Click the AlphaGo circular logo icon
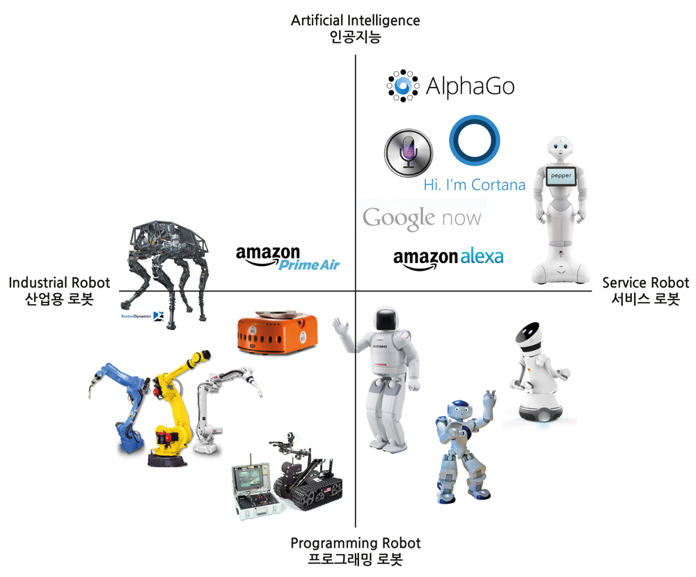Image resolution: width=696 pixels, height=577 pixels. pyautogui.click(x=403, y=86)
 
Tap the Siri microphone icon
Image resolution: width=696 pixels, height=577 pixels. pyautogui.click(x=409, y=152)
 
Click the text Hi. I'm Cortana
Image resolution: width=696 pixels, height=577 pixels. pyautogui.click(x=474, y=185)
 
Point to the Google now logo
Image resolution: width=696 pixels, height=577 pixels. pyautogui.click(x=422, y=218)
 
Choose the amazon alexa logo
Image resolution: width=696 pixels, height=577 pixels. pyautogui.click(x=448, y=257)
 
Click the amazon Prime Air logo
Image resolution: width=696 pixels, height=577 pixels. pyautogui.click(x=288, y=258)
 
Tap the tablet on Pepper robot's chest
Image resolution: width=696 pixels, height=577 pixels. pyautogui.click(x=561, y=175)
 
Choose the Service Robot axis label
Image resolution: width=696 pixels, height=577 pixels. pyautogui.click(x=645, y=291)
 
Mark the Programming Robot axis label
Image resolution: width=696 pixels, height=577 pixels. pyautogui.click(x=355, y=551)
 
